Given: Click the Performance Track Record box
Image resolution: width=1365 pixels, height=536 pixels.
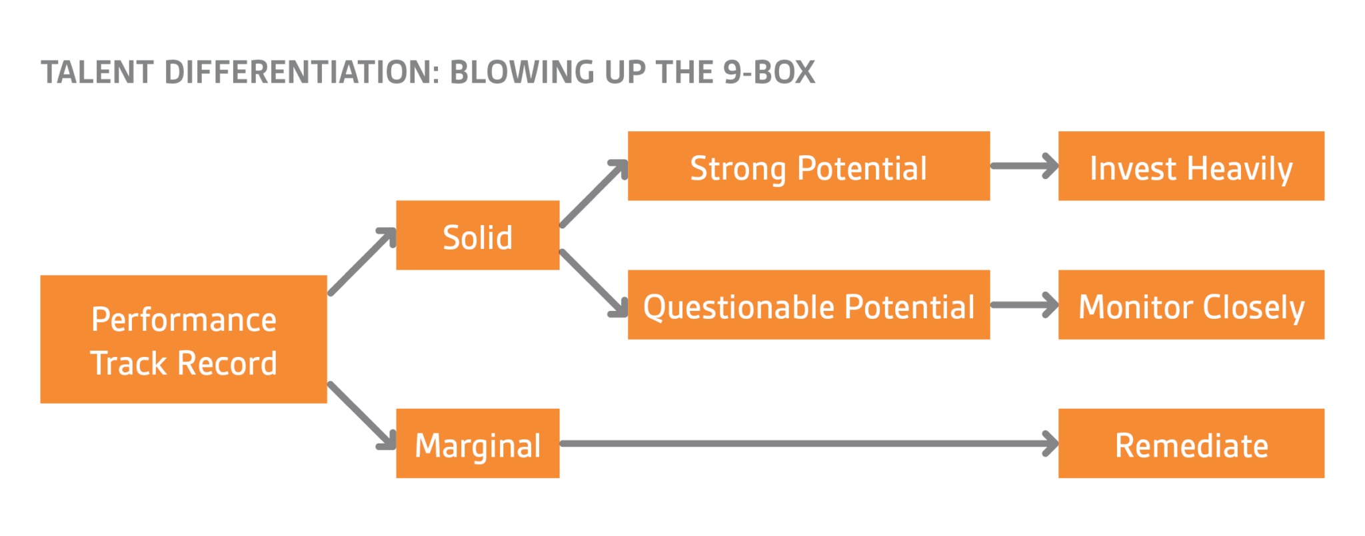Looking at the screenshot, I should click(183, 340).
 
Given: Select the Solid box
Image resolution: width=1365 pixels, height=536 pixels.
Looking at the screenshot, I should click(477, 235).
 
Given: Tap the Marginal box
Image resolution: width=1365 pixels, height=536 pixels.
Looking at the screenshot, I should click(477, 443).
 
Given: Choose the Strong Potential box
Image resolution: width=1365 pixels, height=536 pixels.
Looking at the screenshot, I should click(808, 166).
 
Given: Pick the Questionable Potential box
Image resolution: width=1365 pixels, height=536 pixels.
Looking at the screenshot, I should click(808, 305).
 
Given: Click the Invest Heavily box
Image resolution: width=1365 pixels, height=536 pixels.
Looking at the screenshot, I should click(1191, 166).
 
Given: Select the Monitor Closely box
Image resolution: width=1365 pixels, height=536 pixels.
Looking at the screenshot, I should click(1191, 305).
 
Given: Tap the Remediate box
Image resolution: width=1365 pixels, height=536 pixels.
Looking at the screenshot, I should click(1191, 443).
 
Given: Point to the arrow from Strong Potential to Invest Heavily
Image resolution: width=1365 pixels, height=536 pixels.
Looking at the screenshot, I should click(1023, 166).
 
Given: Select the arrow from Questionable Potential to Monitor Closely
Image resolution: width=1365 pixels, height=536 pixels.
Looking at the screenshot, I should click(1023, 305).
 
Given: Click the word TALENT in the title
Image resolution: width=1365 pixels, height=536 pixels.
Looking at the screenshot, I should click(97, 73).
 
